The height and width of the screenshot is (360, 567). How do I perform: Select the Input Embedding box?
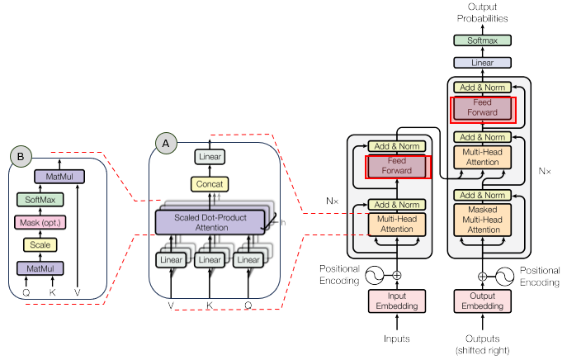pos(396,302)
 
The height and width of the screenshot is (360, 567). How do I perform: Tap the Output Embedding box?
pos(483,302)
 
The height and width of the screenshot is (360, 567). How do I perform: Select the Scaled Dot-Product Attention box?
pos(210,221)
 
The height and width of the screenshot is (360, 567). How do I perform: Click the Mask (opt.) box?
pos(40,222)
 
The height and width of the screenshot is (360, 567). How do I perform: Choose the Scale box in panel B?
pos(40,244)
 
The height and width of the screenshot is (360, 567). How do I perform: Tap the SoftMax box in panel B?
pos(40,200)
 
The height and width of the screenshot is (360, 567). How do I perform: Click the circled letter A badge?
pos(166,143)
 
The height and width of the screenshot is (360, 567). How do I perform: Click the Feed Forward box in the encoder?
pos(399,166)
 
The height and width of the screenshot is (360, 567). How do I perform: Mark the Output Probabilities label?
pos(483,13)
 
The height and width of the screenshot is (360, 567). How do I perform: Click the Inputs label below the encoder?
pos(396,339)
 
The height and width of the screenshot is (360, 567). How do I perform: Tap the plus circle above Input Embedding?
pos(396,275)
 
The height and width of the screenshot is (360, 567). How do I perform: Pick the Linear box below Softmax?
pos(483,62)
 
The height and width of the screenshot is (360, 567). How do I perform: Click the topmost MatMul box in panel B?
pos(55,177)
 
